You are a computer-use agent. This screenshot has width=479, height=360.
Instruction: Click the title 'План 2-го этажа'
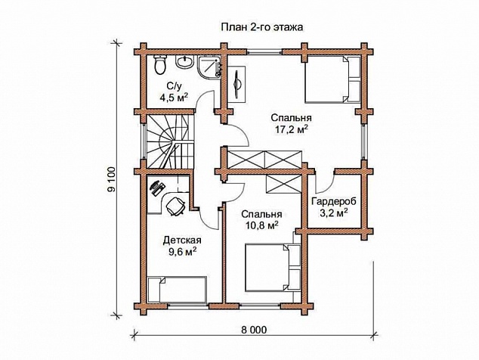pyautogui.click(x=262, y=27)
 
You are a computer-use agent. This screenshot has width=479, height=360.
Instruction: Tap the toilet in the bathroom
pyautogui.click(x=160, y=64)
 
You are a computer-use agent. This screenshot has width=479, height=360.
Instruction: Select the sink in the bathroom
pyautogui.click(x=184, y=62)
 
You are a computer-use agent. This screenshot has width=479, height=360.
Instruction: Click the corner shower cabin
pyautogui.click(x=209, y=67)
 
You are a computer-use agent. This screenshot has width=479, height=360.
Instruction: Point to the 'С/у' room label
pyautogui.click(x=173, y=85)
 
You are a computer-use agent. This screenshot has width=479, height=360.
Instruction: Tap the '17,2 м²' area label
pyautogui.click(x=291, y=129)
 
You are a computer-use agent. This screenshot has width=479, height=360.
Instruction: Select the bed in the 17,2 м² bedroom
pyautogui.click(x=332, y=79)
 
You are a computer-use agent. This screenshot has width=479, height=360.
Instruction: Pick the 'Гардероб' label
pyautogui.click(x=334, y=202)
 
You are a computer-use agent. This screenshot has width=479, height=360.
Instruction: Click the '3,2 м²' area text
pyautogui.click(x=334, y=213)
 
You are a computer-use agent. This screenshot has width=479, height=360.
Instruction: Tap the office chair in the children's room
pyautogui.click(x=175, y=206)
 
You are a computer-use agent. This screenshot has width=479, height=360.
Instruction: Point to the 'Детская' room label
pyautogui.click(x=182, y=240)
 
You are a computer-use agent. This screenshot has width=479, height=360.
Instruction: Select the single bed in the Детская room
pyautogui.click(x=177, y=290)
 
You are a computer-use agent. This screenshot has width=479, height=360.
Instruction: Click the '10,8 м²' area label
pyautogui.click(x=261, y=225)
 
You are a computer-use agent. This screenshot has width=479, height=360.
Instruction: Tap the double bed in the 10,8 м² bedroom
pyautogui.click(x=273, y=267)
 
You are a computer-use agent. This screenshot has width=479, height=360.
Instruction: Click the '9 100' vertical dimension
pyautogui.click(x=112, y=179)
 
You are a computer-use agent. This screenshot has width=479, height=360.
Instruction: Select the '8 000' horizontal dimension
pyautogui.click(x=254, y=330)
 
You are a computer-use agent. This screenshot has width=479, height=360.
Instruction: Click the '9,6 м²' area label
pyautogui.click(x=182, y=251)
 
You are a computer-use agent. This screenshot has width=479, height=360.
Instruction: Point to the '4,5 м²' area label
pyautogui.click(x=174, y=98)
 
